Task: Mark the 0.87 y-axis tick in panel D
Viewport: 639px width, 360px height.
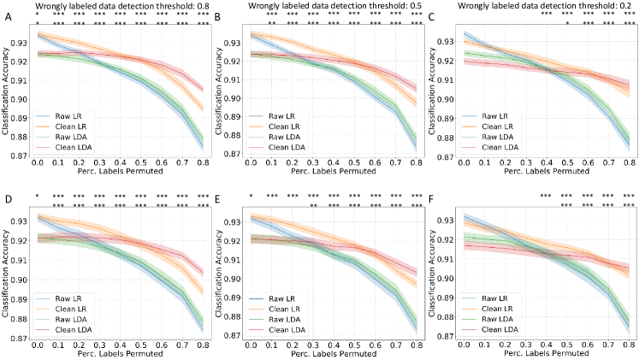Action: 22,339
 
